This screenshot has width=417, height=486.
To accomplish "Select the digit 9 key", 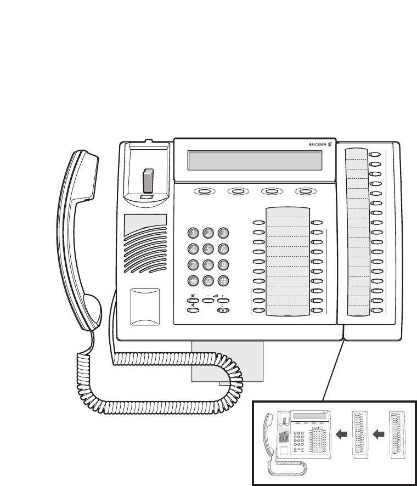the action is point(223,265).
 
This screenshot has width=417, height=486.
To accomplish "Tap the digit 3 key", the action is point(223,233).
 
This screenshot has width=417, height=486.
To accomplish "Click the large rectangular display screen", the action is point(255,160).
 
